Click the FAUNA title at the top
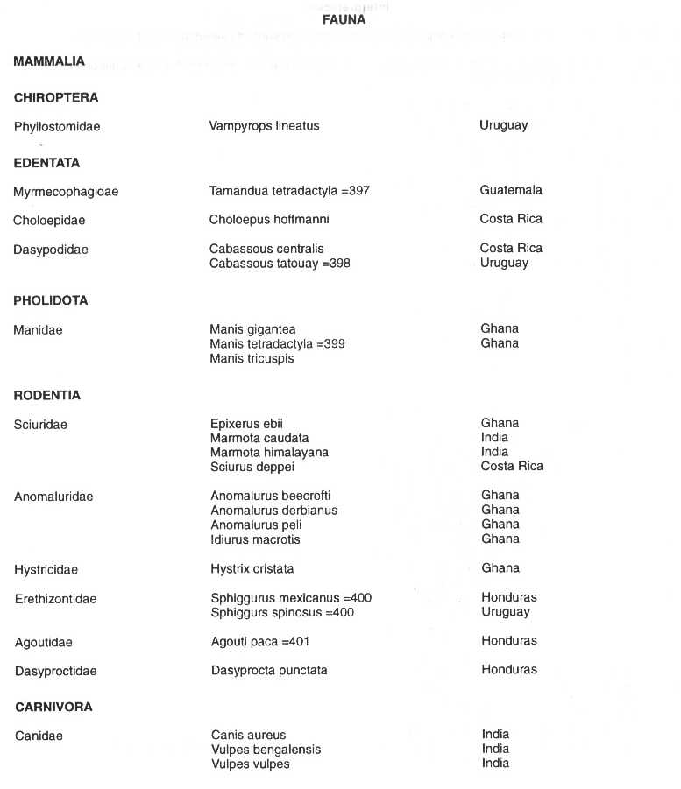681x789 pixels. [343, 20]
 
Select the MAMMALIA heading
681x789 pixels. [49, 61]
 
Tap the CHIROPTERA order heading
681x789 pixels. [56, 98]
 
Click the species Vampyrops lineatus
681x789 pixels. [264, 126]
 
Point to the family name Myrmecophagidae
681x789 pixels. [66, 192]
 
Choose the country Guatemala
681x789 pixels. [511, 190]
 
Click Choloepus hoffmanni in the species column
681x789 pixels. [269, 219]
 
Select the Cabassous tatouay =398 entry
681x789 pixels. [280, 263]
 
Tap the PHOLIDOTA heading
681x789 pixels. [51, 300]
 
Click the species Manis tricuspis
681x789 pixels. [252, 358]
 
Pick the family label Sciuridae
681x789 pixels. [40, 426]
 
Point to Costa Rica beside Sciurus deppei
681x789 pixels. [512, 466]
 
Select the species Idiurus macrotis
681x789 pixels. [255, 539]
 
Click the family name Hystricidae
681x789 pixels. [46, 570]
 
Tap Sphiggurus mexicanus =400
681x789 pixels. [291, 598]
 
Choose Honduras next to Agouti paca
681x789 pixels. [509, 641]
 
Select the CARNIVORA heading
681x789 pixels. [53, 707]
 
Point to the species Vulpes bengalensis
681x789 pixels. [266, 750]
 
